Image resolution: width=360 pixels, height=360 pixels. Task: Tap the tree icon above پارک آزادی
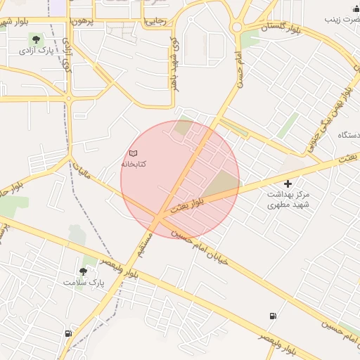34,39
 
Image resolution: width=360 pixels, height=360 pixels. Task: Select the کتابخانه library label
134,164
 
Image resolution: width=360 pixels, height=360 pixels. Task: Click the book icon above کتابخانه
134,153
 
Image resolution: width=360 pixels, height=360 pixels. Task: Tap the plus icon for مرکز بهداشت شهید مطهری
288,184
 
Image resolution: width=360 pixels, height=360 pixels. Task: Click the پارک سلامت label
83,282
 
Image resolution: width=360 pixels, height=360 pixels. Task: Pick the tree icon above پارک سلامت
84,271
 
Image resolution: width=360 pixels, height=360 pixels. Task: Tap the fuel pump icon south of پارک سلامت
68,333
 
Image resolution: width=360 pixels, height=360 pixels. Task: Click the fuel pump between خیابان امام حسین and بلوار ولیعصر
272,316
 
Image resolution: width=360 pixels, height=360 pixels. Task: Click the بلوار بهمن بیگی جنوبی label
327,116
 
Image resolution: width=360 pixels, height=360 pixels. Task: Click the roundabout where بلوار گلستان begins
237,27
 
